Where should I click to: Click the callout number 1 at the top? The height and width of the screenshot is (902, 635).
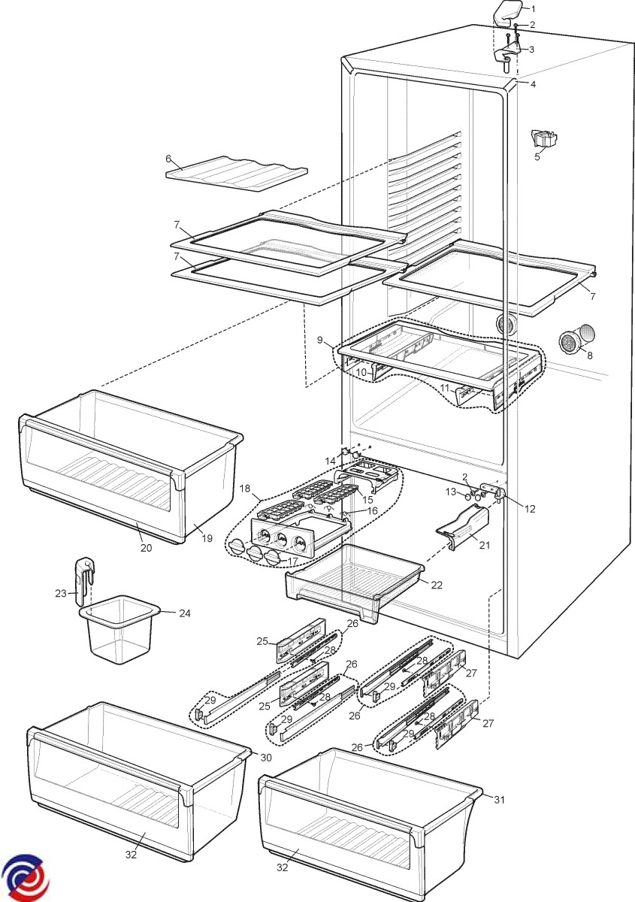click(x=534, y=9)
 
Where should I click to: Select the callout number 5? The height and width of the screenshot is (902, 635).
click(x=537, y=157)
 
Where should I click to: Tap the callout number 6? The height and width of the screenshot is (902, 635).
click(x=169, y=159)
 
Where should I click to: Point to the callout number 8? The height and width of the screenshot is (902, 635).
click(x=588, y=355)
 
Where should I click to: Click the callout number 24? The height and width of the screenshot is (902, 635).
click(x=185, y=613)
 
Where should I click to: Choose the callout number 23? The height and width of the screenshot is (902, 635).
click(x=61, y=593)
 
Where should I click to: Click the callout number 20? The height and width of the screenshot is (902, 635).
click(x=146, y=548)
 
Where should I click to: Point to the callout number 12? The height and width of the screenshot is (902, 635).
click(x=530, y=509)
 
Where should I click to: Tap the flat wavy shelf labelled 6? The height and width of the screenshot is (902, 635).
click(x=237, y=172)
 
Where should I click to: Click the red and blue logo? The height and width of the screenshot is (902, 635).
click(x=24, y=879)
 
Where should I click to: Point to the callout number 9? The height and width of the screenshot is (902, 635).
click(x=321, y=340)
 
